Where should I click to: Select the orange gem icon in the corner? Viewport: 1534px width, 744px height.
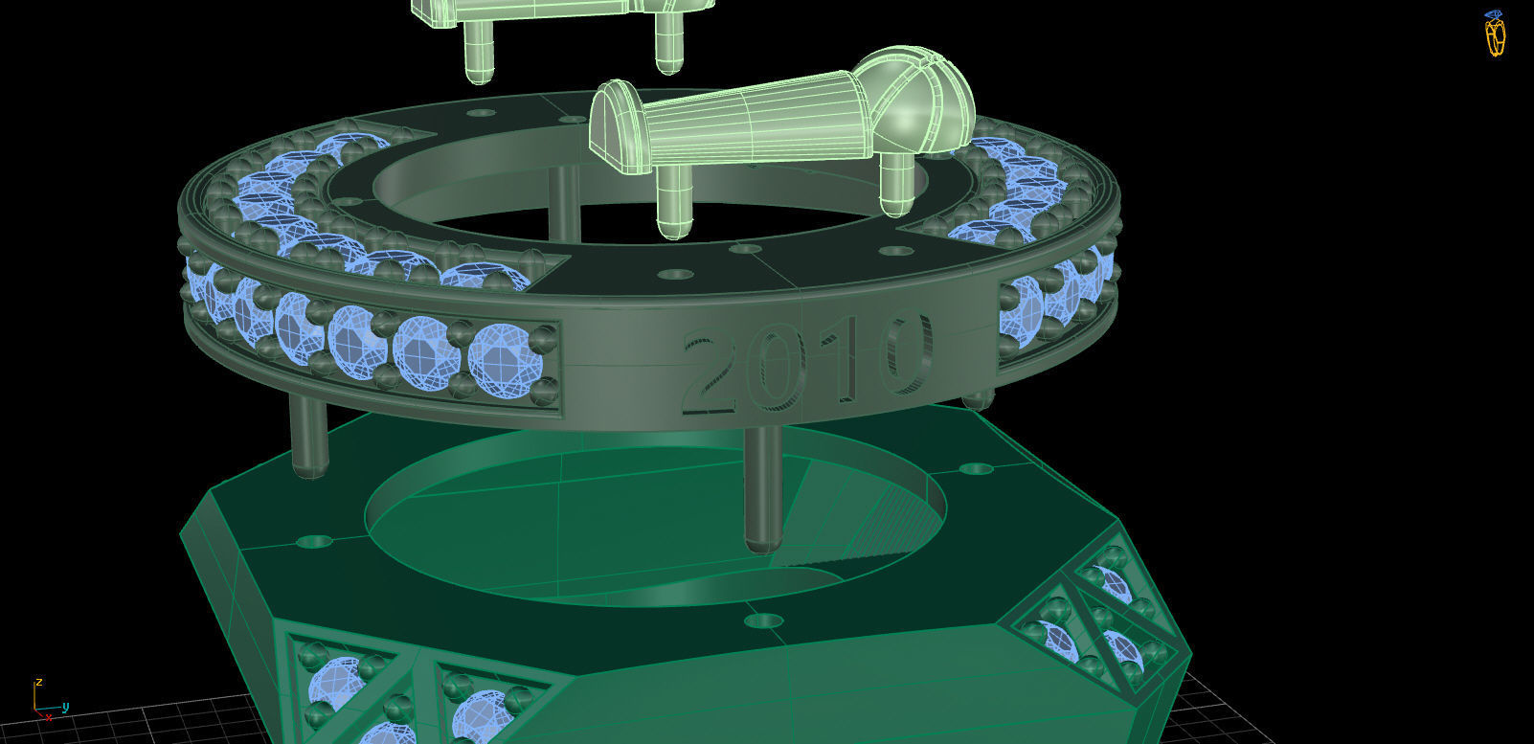click(1495, 34)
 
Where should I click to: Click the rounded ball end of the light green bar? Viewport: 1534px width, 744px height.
click(924, 100)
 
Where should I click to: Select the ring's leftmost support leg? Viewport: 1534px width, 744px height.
click(308, 437)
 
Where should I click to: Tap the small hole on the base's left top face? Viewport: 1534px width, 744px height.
click(313, 542)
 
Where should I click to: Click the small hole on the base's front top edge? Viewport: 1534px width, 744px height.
click(763, 621)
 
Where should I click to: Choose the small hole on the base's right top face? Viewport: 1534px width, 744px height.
click(976, 469)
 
